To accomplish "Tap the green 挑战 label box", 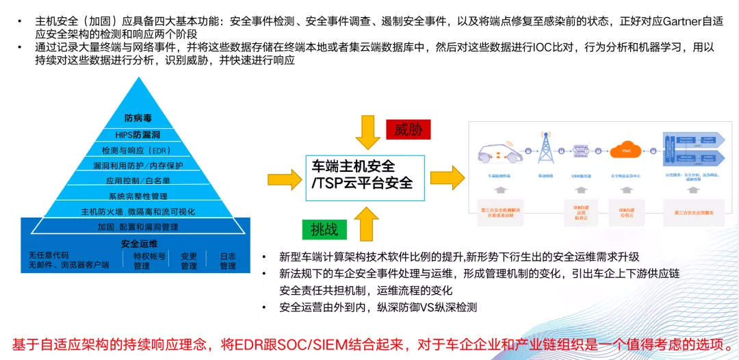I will click(x=324, y=229).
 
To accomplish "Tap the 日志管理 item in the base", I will click(x=228, y=261).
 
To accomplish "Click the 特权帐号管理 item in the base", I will click(x=142, y=261).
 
